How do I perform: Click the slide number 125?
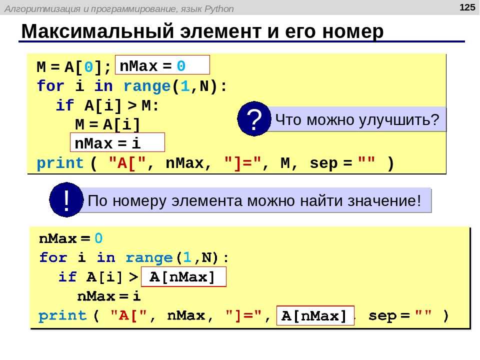(x=467, y=7)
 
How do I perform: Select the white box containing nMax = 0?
(x=162, y=65)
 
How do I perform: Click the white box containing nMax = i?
(x=117, y=142)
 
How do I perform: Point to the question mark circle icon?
(x=254, y=119)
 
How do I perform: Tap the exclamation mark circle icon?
(x=66, y=200)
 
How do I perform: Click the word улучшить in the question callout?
(x=394, y=120)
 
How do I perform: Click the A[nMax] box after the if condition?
(x=183, y=276)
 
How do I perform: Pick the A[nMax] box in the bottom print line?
(x=315, y=315)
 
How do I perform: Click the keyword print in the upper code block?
(x=60, y=163)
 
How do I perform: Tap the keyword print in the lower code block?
(x=62, y=315)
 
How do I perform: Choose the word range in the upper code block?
(x=147, y=86)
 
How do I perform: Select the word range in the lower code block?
(x=149, y=258)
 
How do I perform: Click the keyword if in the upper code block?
(x=65, y=105)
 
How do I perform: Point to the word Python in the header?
(x=219, y=9)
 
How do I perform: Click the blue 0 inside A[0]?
(x=88, y=66)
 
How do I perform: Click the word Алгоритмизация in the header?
(x=43, y=9)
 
